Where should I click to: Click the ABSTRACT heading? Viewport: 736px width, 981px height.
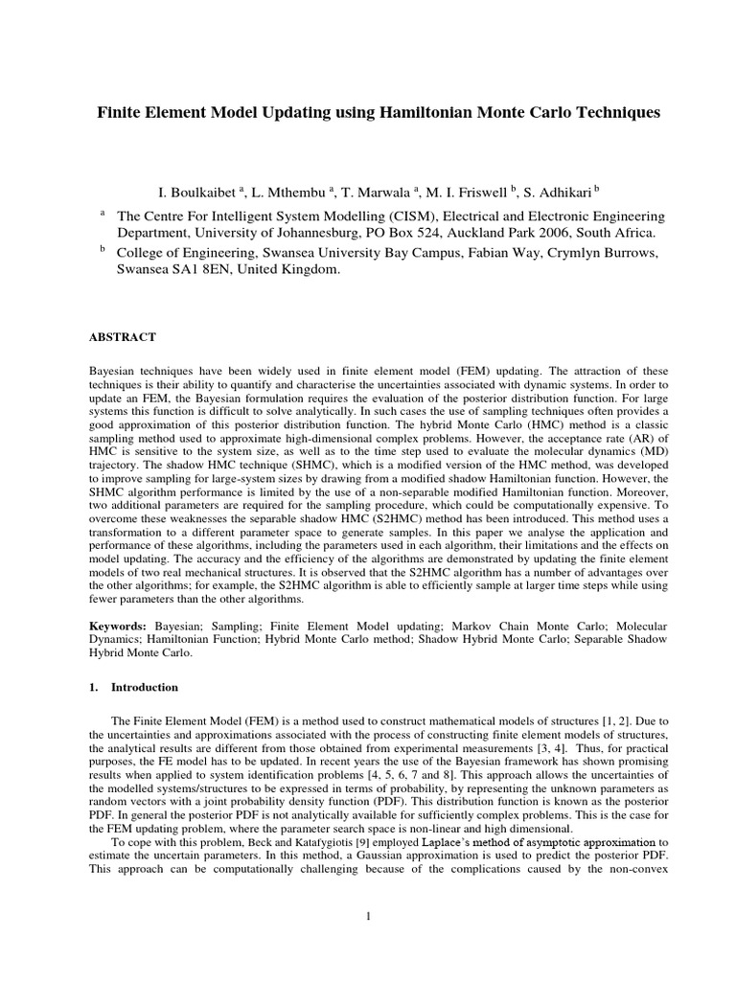(x=123, y=337)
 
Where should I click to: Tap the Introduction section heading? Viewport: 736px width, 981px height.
(x=145, y=688)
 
